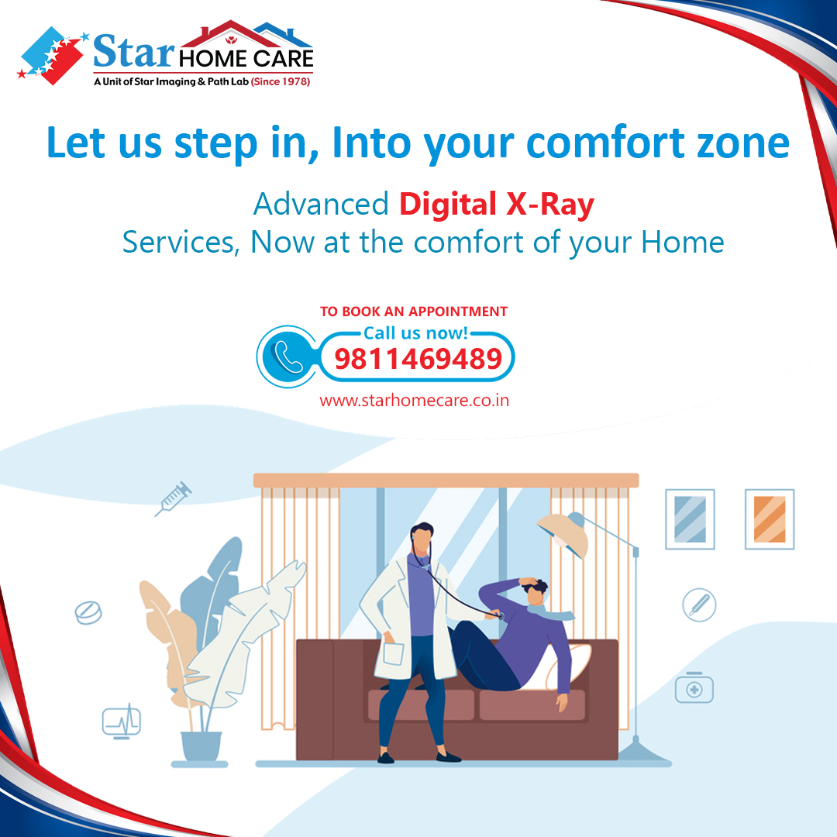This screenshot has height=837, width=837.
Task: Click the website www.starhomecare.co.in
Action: coord(414,401)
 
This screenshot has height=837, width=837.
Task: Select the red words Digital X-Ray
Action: coord(497,205)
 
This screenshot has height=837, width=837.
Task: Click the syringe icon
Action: coord(173,499)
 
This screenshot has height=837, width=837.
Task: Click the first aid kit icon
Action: coord(694,687)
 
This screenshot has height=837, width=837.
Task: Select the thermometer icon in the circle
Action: coord(699,604)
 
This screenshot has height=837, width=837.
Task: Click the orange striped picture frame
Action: coord(769,519)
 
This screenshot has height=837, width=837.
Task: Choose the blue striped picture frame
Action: coord(690,519)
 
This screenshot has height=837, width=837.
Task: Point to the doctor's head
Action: coord(422,537)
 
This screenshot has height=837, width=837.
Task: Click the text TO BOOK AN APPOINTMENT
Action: coord(414,312)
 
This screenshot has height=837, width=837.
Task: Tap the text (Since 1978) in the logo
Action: coord(281,81)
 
